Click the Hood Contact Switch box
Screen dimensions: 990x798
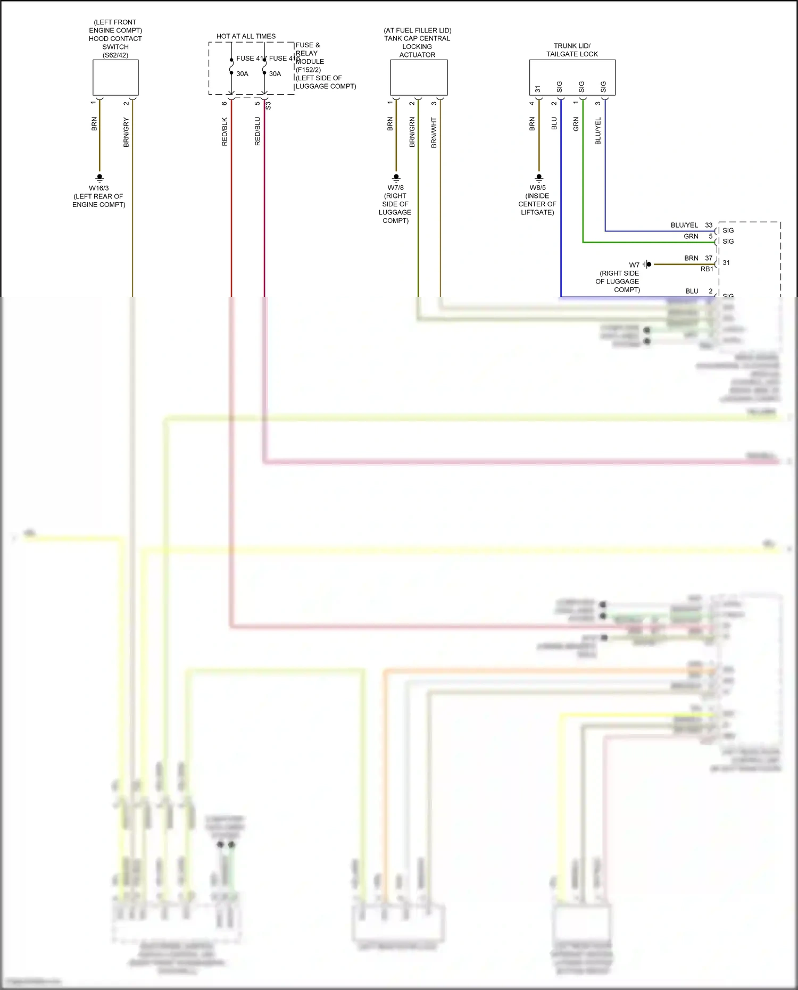click(x=115, y=78)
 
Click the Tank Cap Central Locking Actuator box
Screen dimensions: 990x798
click(x=419, y=78)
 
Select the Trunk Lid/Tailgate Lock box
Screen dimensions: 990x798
click(x=572, y=78)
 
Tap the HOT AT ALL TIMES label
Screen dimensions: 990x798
click(x=246, y=36)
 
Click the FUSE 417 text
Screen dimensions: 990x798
click(x=251, y=59)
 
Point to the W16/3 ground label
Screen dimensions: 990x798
click(x=99, y=188)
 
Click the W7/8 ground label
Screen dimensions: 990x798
click(x=395, y=188)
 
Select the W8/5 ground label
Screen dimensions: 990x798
click(x=537, y=188)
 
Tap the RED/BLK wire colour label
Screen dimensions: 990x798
click(x=225, y=131)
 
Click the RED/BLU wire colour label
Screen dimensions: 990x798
click(x=257, y=131)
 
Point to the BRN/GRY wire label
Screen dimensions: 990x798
click(x=126, y=132)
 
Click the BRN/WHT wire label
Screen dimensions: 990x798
click(x=434, y=132)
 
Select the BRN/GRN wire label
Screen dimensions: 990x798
click(x=412, y=132)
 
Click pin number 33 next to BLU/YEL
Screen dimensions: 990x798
click(x=709, y=225)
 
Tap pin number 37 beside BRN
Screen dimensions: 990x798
click(x=709, y=258)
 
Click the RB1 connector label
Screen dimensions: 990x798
click(x=706, y=269)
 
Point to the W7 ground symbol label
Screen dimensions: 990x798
click(x=634, y=265)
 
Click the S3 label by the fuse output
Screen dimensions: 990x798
click(x=268, y=105)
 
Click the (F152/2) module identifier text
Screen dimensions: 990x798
click(x=309, y=70)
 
